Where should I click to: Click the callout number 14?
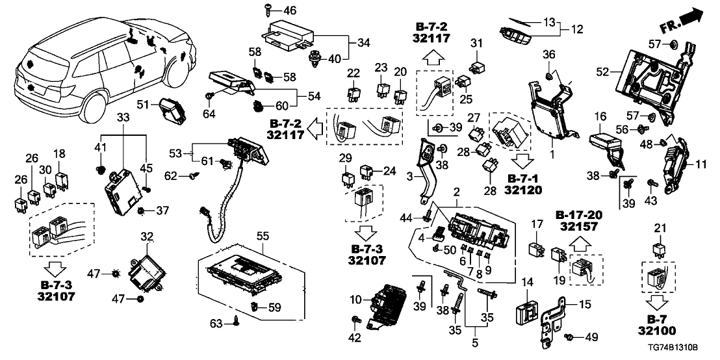click(x=527, y=283)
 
